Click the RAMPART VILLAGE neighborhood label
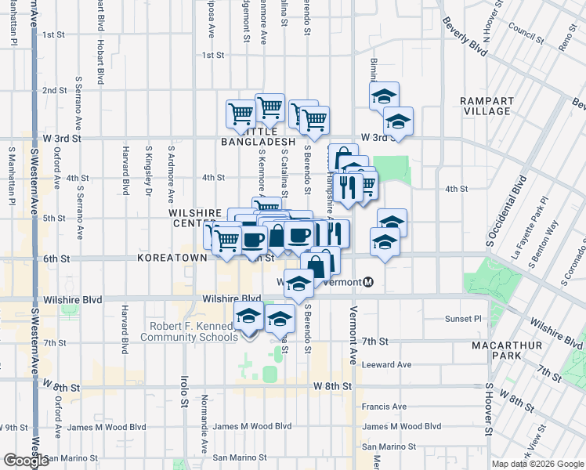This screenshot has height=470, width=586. click(x=487, y=106)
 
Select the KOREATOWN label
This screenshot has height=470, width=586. click(x=171, y=257)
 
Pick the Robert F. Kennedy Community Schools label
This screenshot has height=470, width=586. click(x=188, y=331)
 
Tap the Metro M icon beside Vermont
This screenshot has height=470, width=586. click(x=368, y=282)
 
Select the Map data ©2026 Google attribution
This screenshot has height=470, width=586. click(x=537, y=464)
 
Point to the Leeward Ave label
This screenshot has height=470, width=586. click(x=386, y=364)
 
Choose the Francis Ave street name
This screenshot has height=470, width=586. click(x=384, y=407)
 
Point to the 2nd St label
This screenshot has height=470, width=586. click(x=54, y=90)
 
